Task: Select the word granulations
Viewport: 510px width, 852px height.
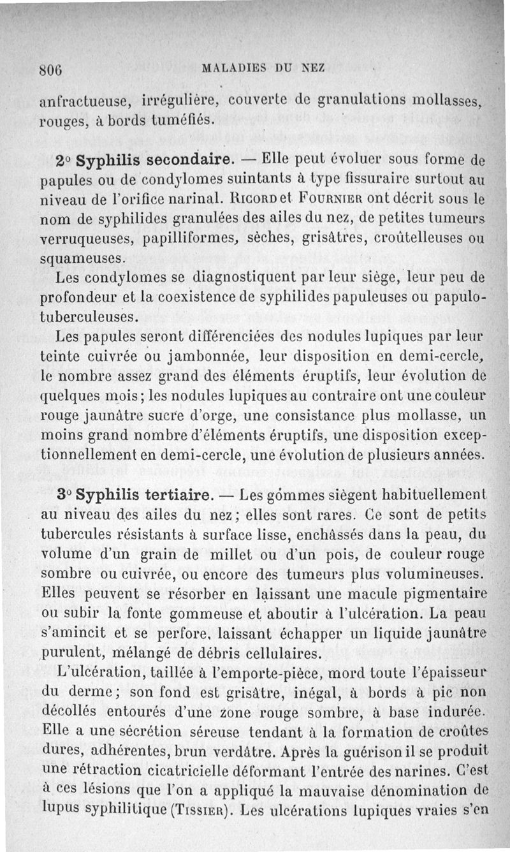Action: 361,101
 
